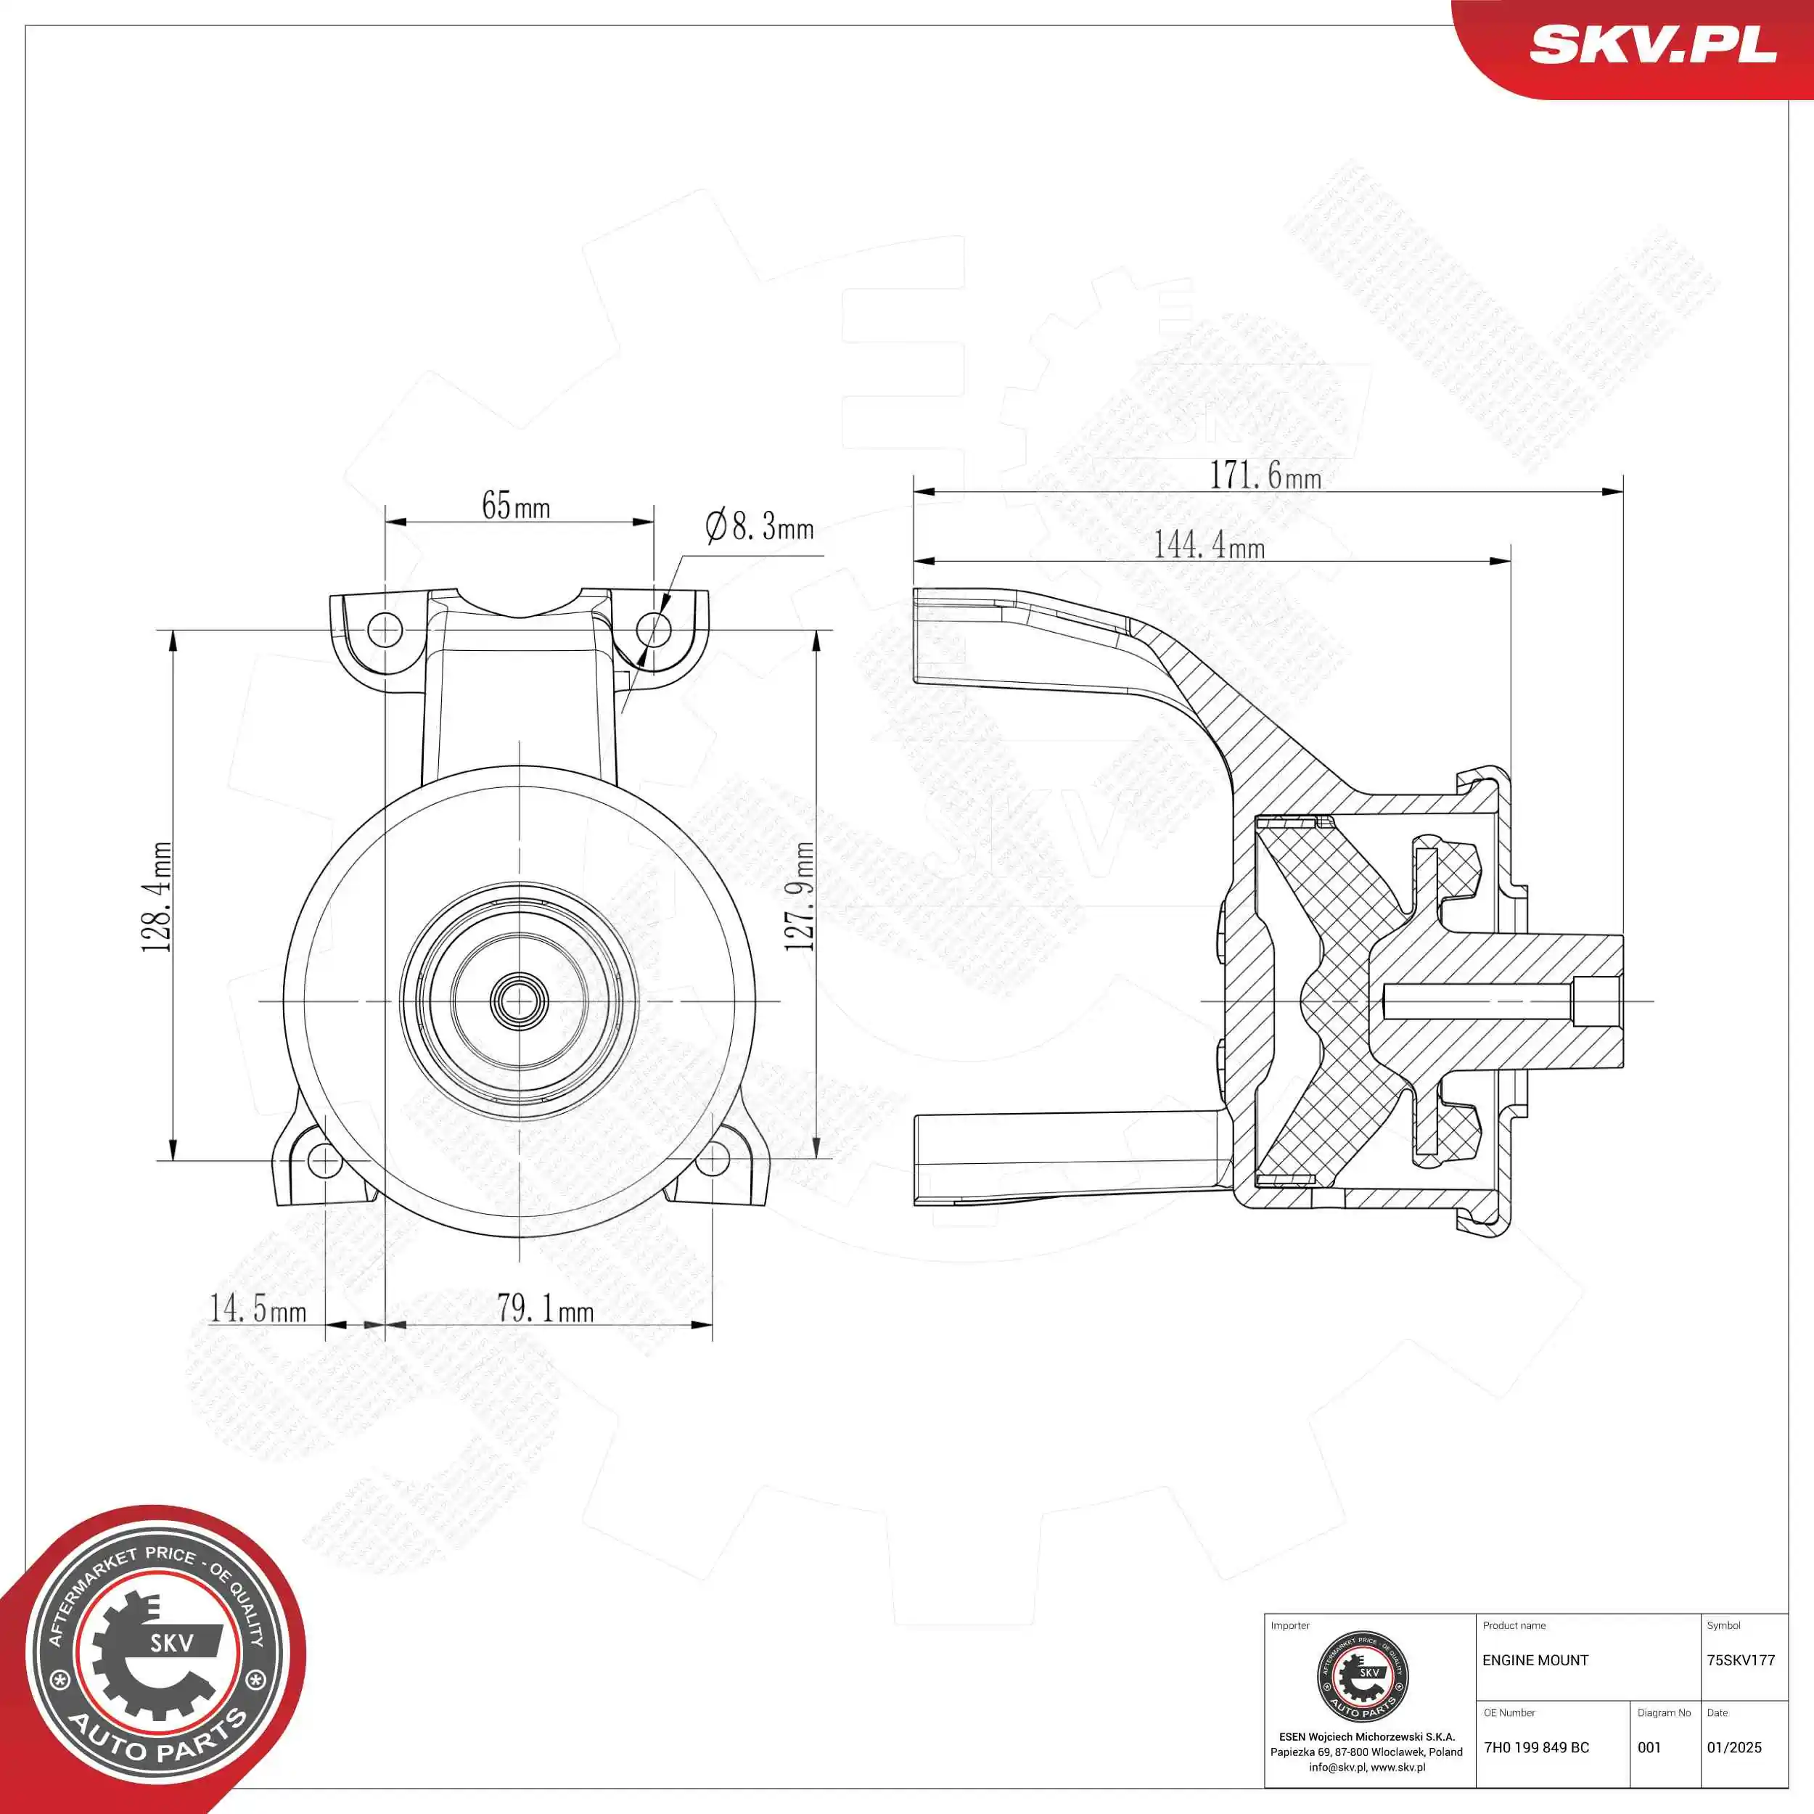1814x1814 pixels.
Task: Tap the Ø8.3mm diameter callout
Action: [759, 527]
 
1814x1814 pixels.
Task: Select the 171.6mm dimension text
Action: [1264, 475]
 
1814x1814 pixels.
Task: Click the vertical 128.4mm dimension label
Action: [157, 897]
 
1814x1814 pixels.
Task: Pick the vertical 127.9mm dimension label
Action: [800, 897]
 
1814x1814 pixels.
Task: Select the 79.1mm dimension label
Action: [545, 1308]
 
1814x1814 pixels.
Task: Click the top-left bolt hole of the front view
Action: [385, 629]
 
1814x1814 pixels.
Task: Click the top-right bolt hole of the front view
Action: [654, 629]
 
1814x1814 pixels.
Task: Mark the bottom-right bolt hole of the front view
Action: [713, 1160]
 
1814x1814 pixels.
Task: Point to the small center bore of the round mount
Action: [520, 1001]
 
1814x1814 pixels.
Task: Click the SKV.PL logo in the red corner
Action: [1651, 44]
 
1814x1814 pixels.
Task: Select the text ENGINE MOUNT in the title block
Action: [1535, 1660]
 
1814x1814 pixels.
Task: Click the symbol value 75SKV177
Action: [1740, 1660]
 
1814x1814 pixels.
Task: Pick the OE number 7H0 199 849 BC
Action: [1536, 1747]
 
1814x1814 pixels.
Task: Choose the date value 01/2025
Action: [1733, 1747]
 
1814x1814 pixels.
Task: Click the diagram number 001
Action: [1649, 1747]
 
